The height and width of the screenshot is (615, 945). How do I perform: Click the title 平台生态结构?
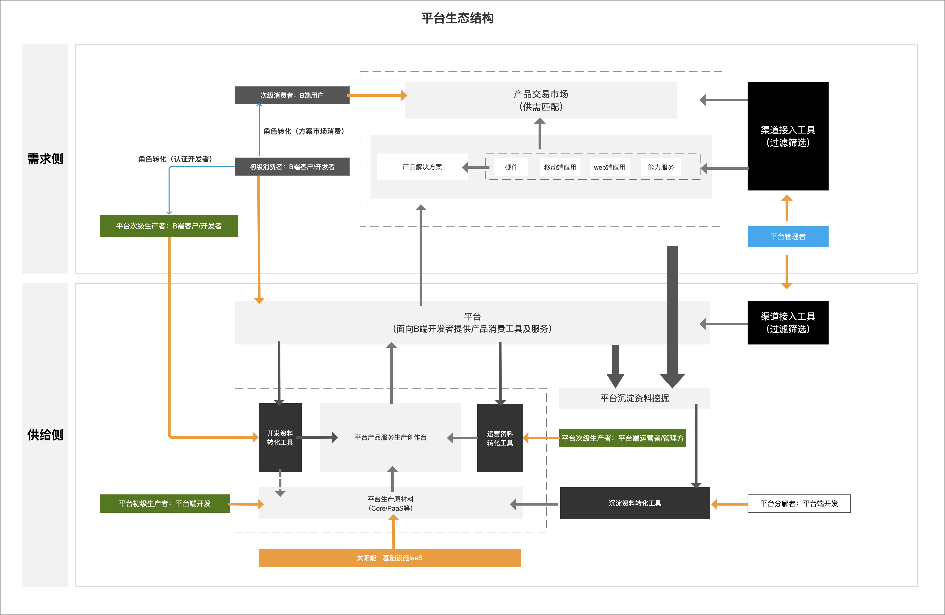457,18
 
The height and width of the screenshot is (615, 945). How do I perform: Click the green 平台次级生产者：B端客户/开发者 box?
169,226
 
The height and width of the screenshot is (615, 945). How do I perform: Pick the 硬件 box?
511,167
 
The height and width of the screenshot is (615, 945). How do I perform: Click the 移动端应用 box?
560,167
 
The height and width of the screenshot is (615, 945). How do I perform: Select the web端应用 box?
609,167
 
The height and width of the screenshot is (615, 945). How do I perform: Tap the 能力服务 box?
661,167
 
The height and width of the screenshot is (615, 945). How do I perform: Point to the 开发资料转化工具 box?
280,437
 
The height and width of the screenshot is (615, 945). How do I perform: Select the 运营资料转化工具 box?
500,438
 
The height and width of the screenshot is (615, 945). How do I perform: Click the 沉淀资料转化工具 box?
635,503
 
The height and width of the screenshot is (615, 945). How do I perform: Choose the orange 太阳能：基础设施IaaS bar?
389,558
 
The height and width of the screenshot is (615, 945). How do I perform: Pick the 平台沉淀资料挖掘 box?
634,398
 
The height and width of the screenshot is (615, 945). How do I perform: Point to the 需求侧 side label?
45,159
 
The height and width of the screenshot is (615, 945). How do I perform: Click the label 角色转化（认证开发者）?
175,159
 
